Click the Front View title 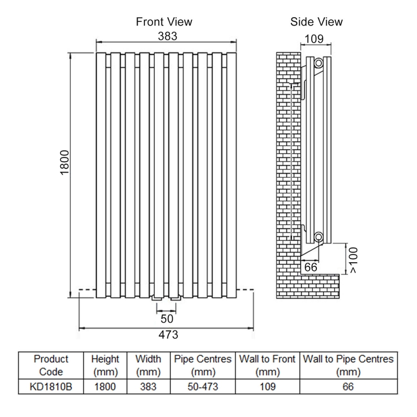164,22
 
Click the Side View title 316,22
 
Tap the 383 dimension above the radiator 167,36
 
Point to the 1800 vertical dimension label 64,163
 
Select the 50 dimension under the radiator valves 167,318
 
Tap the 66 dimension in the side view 311,266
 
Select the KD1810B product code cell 51,387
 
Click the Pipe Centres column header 203,365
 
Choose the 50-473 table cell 203,387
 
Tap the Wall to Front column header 267,365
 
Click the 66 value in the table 348,387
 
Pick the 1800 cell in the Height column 105,387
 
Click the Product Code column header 51,365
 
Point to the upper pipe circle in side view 318,63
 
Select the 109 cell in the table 267,387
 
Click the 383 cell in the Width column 148,387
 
